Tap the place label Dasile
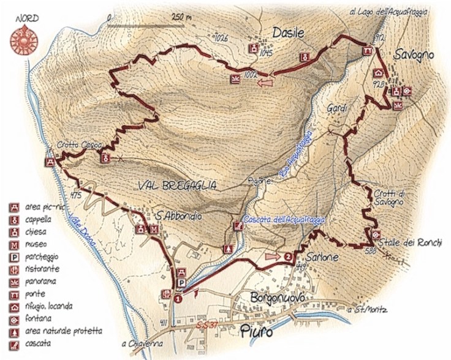pos(288,34)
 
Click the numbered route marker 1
pos(177,299)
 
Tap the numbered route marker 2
pos(287,257)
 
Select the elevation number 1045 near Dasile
pos(265,53)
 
